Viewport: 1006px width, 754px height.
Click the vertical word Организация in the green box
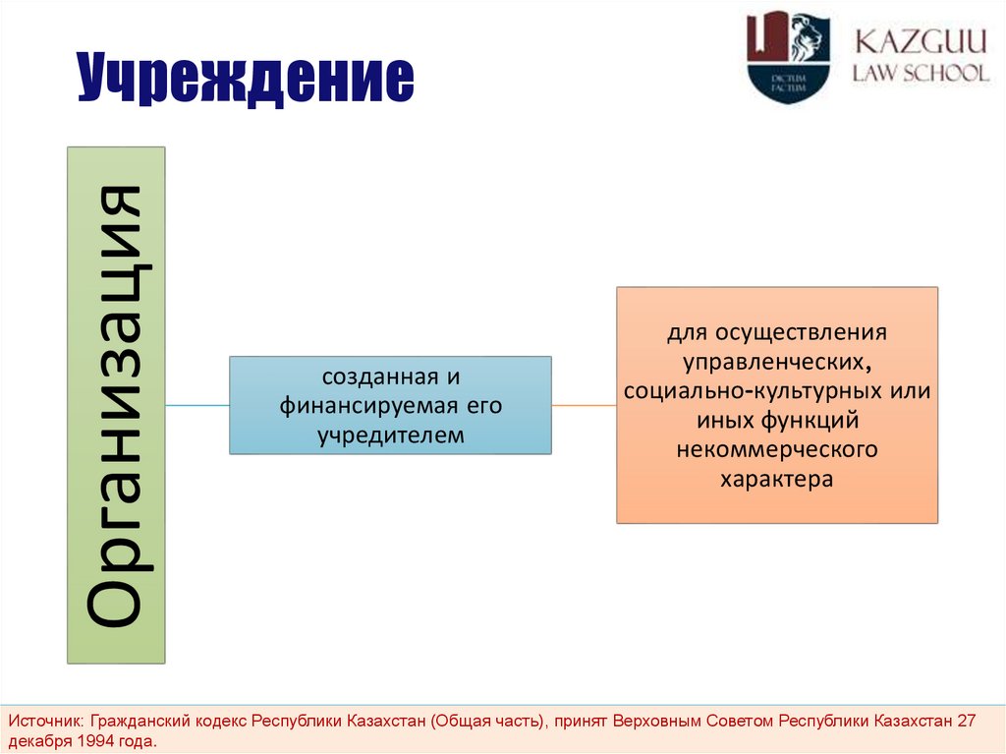116,404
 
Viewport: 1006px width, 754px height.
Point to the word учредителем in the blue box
390,434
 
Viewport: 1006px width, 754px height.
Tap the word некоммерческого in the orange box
776,450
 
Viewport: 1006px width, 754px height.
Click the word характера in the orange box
776,480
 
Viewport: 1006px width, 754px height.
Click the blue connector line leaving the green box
196,405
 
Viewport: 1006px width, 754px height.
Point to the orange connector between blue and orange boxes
584,405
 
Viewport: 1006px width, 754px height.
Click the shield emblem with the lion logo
788,56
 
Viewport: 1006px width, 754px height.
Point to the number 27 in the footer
966,721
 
